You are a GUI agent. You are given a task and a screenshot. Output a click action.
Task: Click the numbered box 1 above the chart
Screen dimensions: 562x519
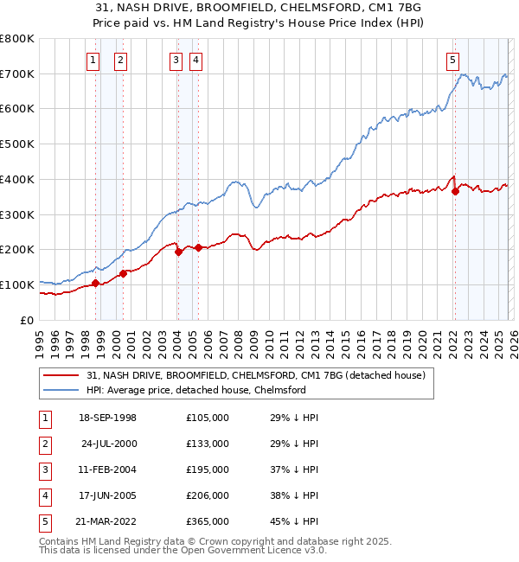(x=93, y=60)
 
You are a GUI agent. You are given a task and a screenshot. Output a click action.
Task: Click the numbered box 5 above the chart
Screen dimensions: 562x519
(x=452, y=60)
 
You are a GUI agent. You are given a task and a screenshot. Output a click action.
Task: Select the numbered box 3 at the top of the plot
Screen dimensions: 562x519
(x=176, y=60)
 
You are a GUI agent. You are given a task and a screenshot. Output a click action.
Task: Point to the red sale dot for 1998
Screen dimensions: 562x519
(x=95, y=283)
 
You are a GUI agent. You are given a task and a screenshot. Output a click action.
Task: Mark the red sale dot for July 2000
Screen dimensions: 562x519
(x=123, y=273)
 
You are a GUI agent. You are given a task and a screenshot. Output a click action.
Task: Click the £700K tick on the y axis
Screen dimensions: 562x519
(x=17, y=73)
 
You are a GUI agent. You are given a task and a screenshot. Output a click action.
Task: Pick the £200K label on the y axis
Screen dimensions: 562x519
(x=17, y=249)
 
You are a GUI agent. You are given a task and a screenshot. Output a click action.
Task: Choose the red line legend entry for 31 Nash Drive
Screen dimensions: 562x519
(x=255, y=375)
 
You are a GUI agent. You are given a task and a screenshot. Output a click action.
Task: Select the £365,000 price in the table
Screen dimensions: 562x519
(x=208, y=521)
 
